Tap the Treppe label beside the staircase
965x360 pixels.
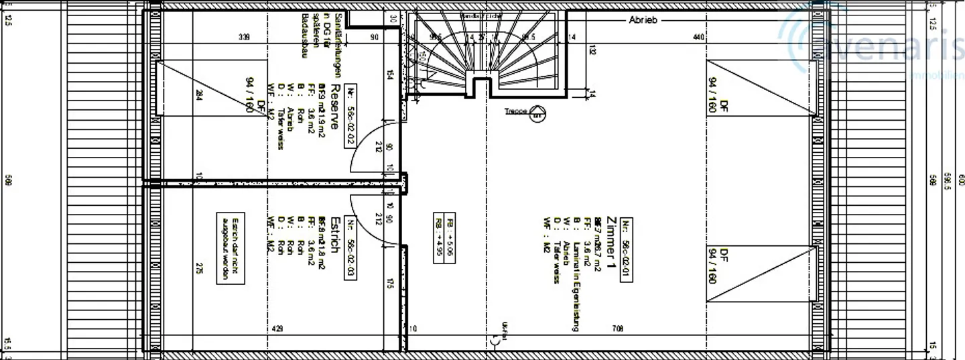(x=515, y=112)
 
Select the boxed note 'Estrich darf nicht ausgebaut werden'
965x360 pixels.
(x=231, y=249)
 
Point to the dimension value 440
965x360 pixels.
(x=698, y=38)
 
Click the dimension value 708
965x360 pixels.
(x=618, y=329)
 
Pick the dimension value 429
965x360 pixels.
(x=276, y=329)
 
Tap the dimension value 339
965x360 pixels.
(x=243, y=38)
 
